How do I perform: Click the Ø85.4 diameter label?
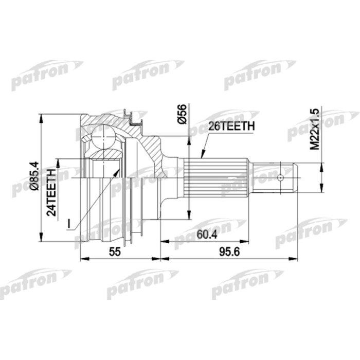click(34, 176)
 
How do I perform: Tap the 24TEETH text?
click(51, 192)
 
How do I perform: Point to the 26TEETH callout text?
click(231, 126)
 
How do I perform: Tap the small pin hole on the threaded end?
click(280, 178)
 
